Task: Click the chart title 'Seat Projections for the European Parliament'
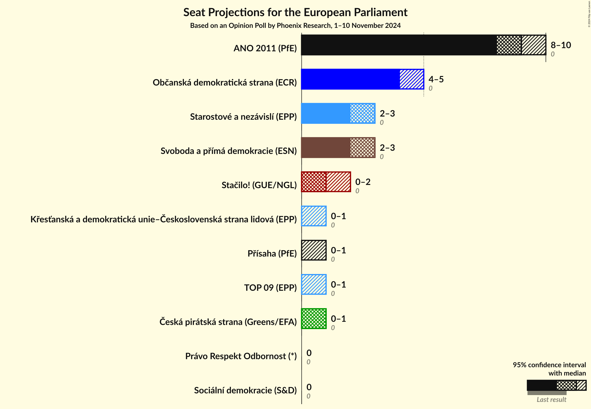[295, 12]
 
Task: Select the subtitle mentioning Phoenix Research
[295, 26]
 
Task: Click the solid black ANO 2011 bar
[398, 45]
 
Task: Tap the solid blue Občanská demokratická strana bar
[350, 79]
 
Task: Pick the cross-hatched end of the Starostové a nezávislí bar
[362, 113]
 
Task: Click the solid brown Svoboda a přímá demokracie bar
[325, 148]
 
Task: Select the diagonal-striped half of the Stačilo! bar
[338, 182]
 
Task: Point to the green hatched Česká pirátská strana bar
[314, 319]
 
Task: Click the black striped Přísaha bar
[314, 250]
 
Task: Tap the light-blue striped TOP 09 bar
[314, 284]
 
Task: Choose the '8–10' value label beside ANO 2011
[560, 45]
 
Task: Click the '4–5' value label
[436, 79]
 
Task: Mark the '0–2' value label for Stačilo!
[362, 182]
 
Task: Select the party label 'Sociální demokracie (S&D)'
[245, 390]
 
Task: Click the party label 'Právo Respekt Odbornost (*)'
[241, 356]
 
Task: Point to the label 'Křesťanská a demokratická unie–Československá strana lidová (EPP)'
[163, 219]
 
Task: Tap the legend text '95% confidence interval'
[549, 365]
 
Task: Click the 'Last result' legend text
[551, 399]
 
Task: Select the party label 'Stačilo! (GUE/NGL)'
[259, 185]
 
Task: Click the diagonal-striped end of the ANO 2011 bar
[533, 45]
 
